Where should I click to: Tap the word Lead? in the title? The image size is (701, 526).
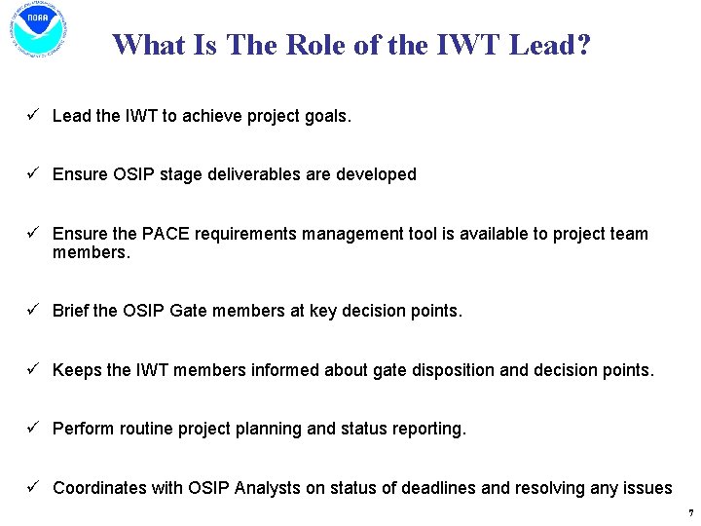(549, 45)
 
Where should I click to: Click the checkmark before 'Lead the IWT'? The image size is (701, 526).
(32, 116)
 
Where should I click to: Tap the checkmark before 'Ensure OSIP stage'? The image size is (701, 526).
(32, 174)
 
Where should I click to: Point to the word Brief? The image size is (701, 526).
(71, 312)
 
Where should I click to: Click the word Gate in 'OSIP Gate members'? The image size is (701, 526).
(188, 312)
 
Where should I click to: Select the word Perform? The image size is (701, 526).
(84, 429)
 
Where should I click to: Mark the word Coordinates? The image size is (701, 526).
(99, 488)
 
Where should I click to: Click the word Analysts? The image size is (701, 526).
(267, 488)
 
